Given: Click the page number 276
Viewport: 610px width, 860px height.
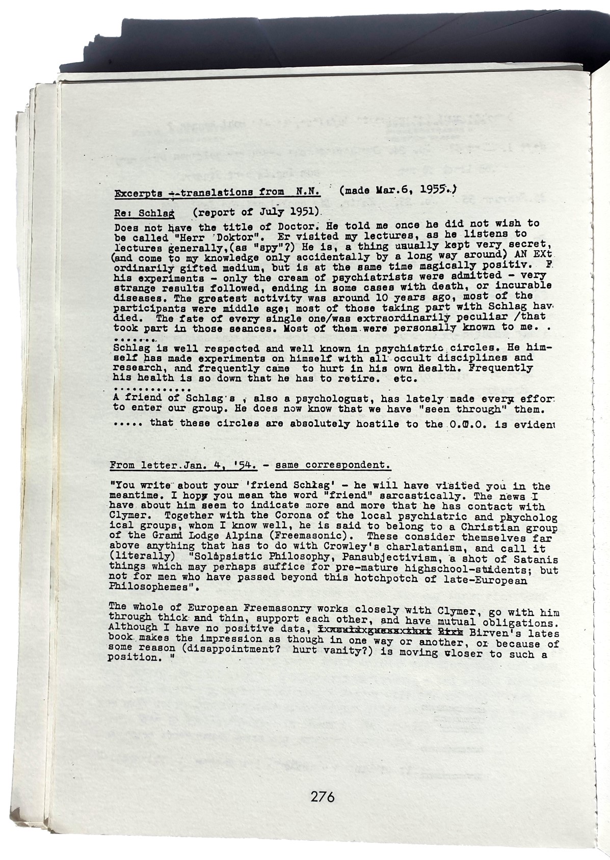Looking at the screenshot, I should [322, 796].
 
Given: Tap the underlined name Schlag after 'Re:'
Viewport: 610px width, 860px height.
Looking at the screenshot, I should [157, 212].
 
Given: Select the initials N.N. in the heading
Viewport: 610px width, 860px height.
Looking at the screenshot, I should [308, 192].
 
